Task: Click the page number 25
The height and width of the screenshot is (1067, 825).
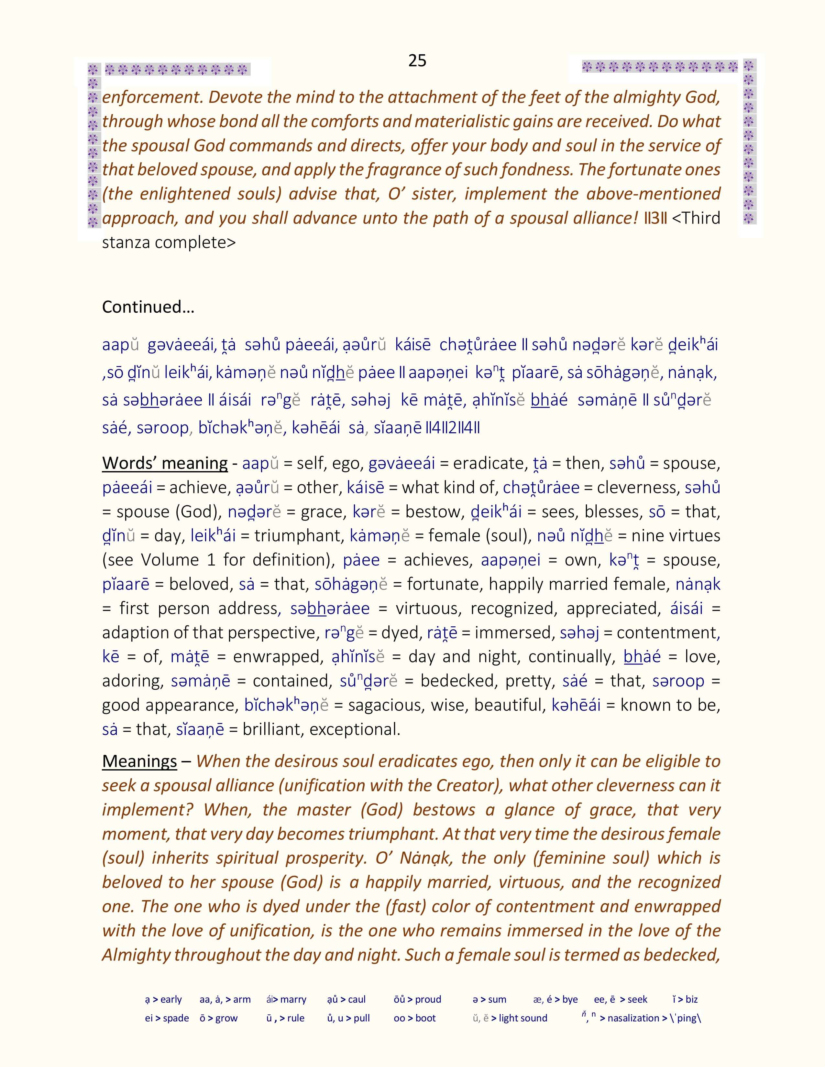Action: [417, 60]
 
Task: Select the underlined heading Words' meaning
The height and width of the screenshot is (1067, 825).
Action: [165, 463]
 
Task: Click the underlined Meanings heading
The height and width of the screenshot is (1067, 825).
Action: [139, 761]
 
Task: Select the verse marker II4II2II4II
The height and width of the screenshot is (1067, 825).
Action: [453, 428]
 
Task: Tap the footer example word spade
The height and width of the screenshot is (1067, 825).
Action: [176, 1018]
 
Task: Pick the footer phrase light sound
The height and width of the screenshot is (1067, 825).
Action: [523, 1018]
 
